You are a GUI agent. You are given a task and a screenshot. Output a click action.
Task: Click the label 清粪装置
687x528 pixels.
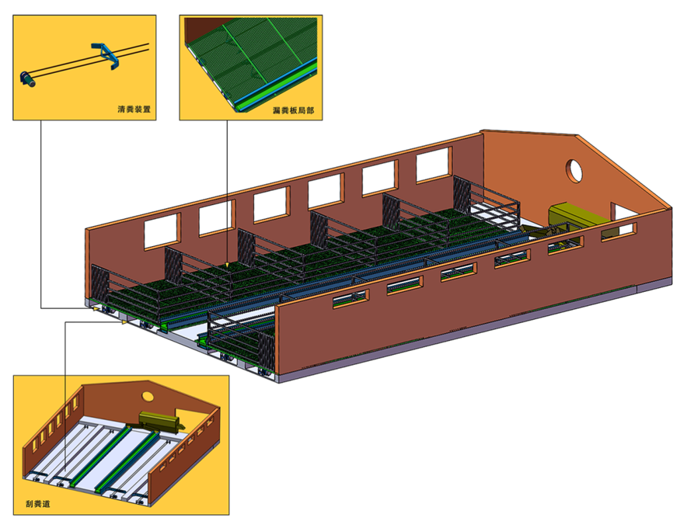(x=134, y=109)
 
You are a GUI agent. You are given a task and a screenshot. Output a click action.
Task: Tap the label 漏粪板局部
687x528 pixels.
(x=293, y=110)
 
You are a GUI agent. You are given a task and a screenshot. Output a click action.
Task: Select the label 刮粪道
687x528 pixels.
(x=37, y=503)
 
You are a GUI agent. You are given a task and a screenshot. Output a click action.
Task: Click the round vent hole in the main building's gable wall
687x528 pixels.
(x=574, y=170)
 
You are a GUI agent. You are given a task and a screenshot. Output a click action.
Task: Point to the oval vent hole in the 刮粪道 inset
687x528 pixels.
(x=148, y=396)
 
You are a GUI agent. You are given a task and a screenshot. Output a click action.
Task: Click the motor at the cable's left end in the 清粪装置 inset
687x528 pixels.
(x=28, y=78)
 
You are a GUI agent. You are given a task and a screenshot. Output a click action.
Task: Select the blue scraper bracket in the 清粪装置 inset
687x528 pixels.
(x=106, y=56)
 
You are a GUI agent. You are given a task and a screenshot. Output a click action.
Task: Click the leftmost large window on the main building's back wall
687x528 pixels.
(x=162, y=231)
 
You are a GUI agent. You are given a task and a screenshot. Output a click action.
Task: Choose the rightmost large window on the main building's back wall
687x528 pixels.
(x=434, y=165)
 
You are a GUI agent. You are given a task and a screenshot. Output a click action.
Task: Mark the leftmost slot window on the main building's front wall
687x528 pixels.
(x=350, y=299)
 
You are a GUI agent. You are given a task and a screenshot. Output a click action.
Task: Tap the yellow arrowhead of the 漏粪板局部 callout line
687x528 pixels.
(x=226, y=265)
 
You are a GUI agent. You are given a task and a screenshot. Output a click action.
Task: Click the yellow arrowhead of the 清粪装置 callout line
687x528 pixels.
(x=95, y=308)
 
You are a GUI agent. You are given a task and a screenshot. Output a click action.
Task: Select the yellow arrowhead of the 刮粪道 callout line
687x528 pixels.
(x=124, y=322)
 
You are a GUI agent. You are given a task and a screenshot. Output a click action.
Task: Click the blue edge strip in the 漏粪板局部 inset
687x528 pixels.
(x=276, y=83)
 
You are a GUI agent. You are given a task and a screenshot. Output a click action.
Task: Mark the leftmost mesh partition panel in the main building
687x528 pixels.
(x=99, y=286)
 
